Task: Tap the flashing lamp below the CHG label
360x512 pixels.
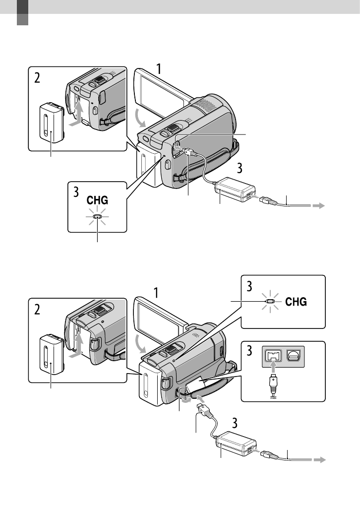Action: pos(98,217)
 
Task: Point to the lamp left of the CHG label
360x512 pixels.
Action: pos(269,302)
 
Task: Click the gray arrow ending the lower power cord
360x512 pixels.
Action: pos(320,460)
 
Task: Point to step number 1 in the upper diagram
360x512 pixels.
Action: pos(159,70)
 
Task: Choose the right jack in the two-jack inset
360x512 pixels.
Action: pos(295,356)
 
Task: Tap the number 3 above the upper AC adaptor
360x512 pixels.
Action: pos(240,168)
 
